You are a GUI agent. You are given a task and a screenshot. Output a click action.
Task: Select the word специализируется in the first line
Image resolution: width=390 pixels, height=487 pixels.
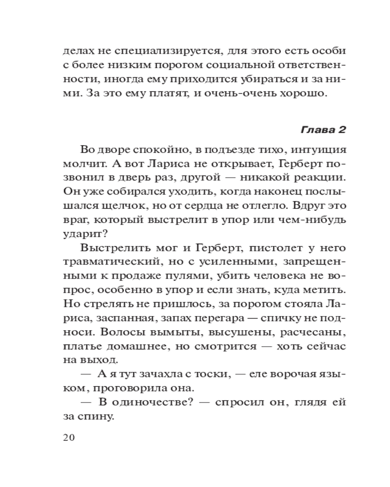tap(153, 51)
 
